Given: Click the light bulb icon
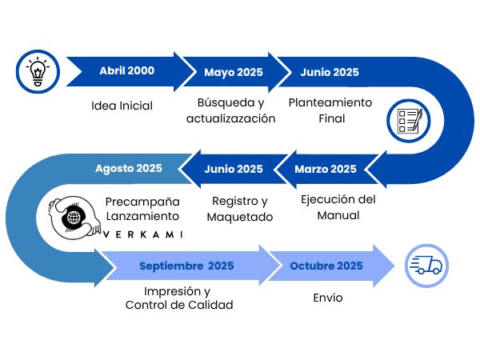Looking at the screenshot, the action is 38,71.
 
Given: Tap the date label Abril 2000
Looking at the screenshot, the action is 126,70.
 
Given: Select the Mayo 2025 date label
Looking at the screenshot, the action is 234,73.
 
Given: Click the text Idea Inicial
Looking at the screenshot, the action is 122,106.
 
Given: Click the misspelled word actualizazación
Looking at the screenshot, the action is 231,118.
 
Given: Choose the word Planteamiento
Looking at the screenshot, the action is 330,102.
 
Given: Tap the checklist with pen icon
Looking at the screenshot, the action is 409,122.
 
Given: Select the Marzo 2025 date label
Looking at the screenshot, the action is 326,169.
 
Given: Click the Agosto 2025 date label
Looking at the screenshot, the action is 129,168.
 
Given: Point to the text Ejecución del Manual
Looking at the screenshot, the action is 338,207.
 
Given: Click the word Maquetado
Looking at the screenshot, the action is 240,217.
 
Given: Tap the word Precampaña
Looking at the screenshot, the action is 142,202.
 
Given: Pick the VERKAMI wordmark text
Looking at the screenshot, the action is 143,234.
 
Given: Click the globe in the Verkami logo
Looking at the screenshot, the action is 74,218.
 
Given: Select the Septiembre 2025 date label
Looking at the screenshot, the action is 186,266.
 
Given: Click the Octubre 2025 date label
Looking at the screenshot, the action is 326,266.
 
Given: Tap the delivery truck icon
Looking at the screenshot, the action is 426,266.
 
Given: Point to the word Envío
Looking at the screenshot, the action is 328,298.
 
